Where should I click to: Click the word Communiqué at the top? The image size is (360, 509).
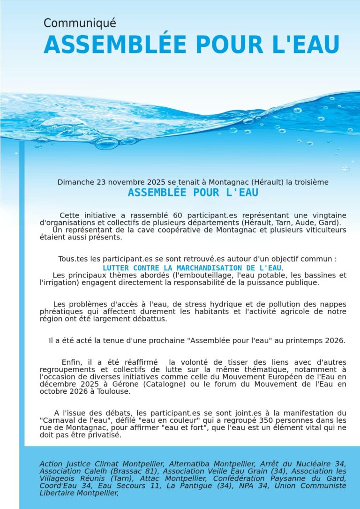point(80,23)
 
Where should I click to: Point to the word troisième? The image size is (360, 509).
point(312,182)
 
